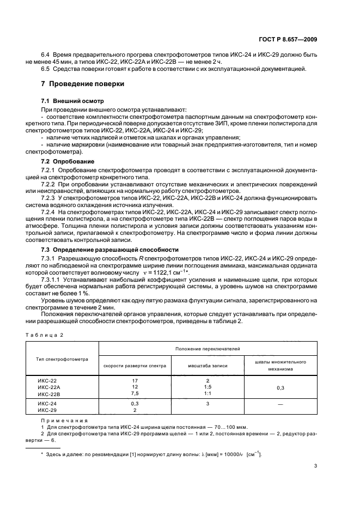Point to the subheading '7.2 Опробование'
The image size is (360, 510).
(x=68, y=162)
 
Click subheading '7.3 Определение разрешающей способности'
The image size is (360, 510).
(x=110, y=249)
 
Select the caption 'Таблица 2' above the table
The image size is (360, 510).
(x=44, y=335)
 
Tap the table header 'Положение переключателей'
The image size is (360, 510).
(x=208, y=348)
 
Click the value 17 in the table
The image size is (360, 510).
(x=135, y=380)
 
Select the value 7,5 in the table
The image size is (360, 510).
(x=135, y=393)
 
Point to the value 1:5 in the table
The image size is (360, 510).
(x=208, y=387)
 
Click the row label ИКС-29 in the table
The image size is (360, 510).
(x=47, y=410)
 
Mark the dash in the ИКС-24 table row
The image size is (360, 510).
(x=280, y=404)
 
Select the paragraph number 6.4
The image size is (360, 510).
(x=46, y=55)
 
